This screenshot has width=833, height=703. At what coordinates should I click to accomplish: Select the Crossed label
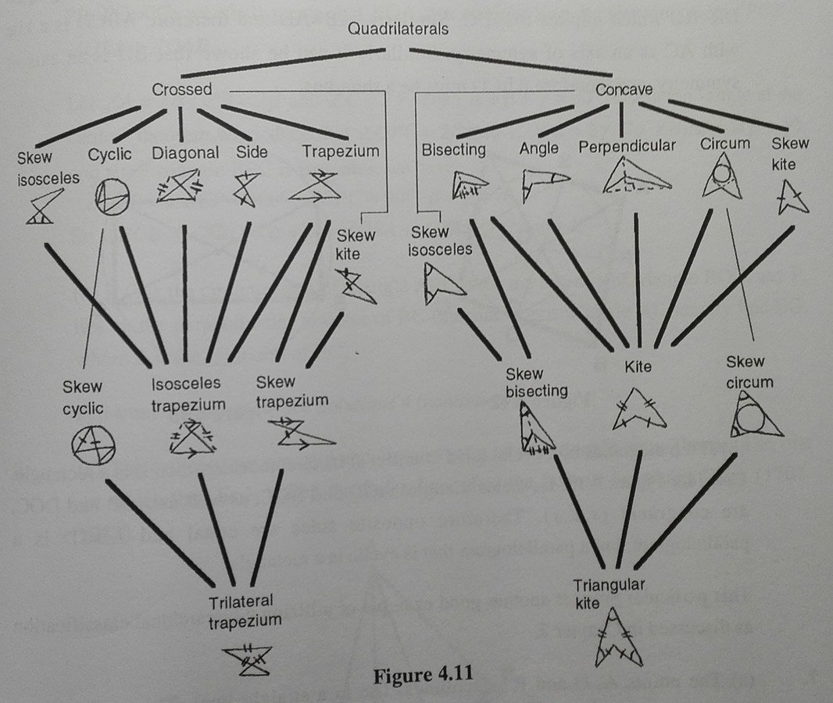[x=182, y=89]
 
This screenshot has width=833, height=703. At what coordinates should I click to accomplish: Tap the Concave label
[x=624, y=89]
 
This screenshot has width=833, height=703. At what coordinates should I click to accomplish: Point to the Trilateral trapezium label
[x=245, y=612]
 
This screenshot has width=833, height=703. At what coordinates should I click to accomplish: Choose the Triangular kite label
[x=612, y=594]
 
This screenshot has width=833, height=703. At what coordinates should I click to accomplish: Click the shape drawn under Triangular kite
[x=618, y=639]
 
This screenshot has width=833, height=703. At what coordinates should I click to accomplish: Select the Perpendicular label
[x=627, y=146]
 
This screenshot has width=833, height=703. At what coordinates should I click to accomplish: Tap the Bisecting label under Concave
[x=453, y=148]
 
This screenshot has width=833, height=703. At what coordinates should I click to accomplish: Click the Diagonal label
[x=185, y=152]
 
